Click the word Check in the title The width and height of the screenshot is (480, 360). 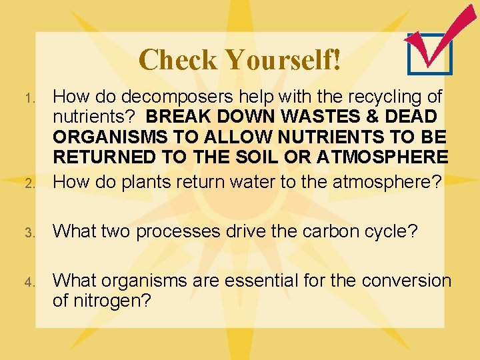178,60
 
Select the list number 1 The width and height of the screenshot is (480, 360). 29,99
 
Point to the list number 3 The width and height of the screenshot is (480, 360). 29,233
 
